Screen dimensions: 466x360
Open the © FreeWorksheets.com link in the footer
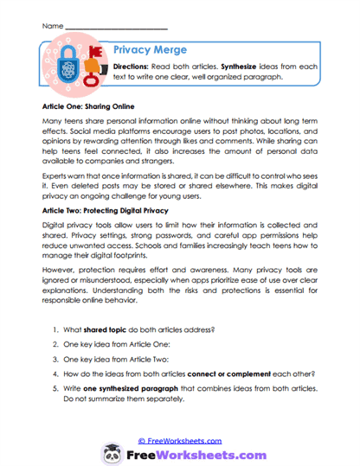point(180,427)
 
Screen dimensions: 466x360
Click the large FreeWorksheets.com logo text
point(194,448)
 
